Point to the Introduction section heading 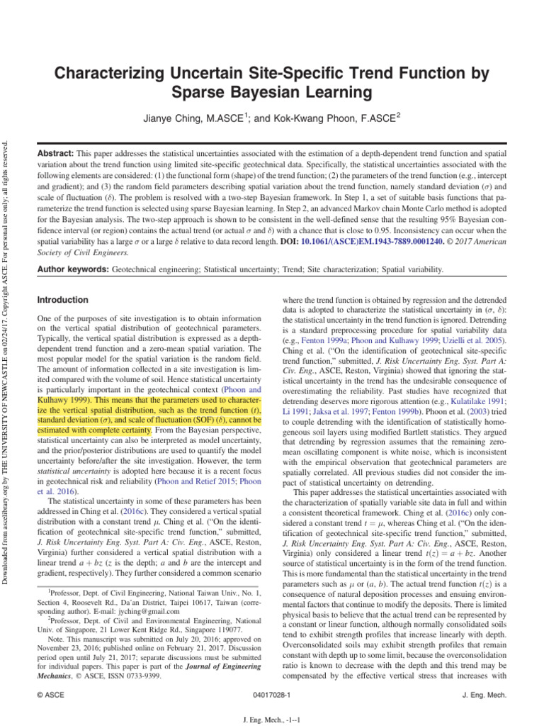tap(63, 300)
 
